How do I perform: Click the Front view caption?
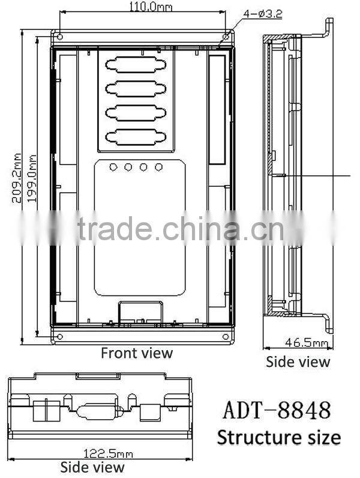coord(136,353)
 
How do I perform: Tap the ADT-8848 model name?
coord(277,411)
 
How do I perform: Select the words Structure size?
coord(278,437)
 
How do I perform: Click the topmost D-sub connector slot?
coord(136,65)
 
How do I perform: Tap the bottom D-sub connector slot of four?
coord(136,136)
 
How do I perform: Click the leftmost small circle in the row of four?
coord(113,167)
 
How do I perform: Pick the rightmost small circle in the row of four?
coord(159,167)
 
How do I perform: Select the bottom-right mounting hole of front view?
coord(226,336)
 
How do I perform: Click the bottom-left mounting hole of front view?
coord(59,336)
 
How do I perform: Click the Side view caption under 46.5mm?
coord(298,362)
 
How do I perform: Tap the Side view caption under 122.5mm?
coord(92,467)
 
